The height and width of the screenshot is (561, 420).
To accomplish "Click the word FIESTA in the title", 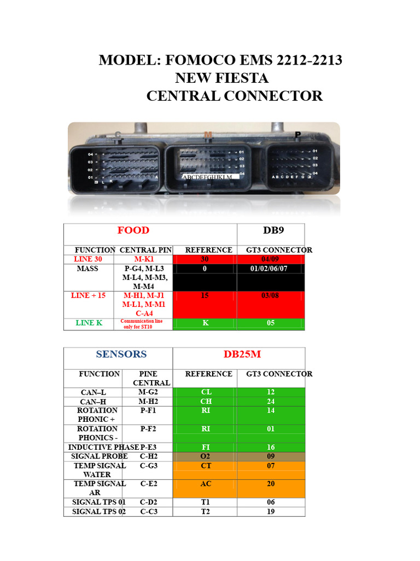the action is click(x=241, y=78).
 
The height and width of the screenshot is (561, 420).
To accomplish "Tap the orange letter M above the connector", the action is click(x=208, y=135).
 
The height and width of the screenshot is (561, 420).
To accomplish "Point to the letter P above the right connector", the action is click(x=298, y=135).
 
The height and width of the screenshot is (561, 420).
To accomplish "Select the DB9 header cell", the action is click(x=271, y=230).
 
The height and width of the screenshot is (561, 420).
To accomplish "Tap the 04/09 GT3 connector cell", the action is click(x=271, y=259).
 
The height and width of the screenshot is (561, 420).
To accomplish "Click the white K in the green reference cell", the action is click(x=206, y=323).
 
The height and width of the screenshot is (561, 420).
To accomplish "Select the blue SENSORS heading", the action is click(x=121, y=354).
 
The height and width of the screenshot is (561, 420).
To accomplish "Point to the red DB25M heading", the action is click(x=242, y=354).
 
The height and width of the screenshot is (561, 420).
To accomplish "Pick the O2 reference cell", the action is click(x=206, y=456).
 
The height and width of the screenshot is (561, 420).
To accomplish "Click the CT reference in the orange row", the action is click(x=206, y=466).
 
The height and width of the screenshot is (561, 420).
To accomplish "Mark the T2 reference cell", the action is click(x=206, y=512).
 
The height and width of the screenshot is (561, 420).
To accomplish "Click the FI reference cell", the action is click(x=206, y=447).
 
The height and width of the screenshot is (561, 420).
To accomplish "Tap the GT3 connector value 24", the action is click(x=271, y=402).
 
